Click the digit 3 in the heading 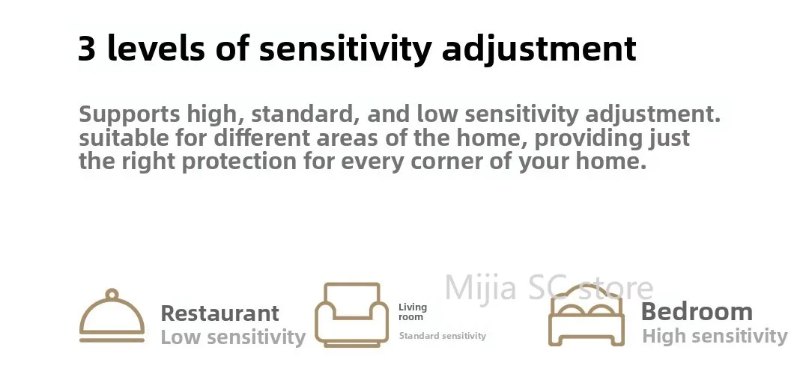(87, 49)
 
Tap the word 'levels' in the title (156, 48)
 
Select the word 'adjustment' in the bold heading (539, 49)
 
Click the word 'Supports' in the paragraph (130, 114)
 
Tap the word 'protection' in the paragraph (240, 162)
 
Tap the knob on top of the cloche (112, 295)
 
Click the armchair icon (352, 314)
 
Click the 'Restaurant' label (219, 313)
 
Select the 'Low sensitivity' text (233, 337)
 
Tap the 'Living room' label (412, 312)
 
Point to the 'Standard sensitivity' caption (443, 336)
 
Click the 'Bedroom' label (697, 312)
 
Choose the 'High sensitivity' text (715, 337)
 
